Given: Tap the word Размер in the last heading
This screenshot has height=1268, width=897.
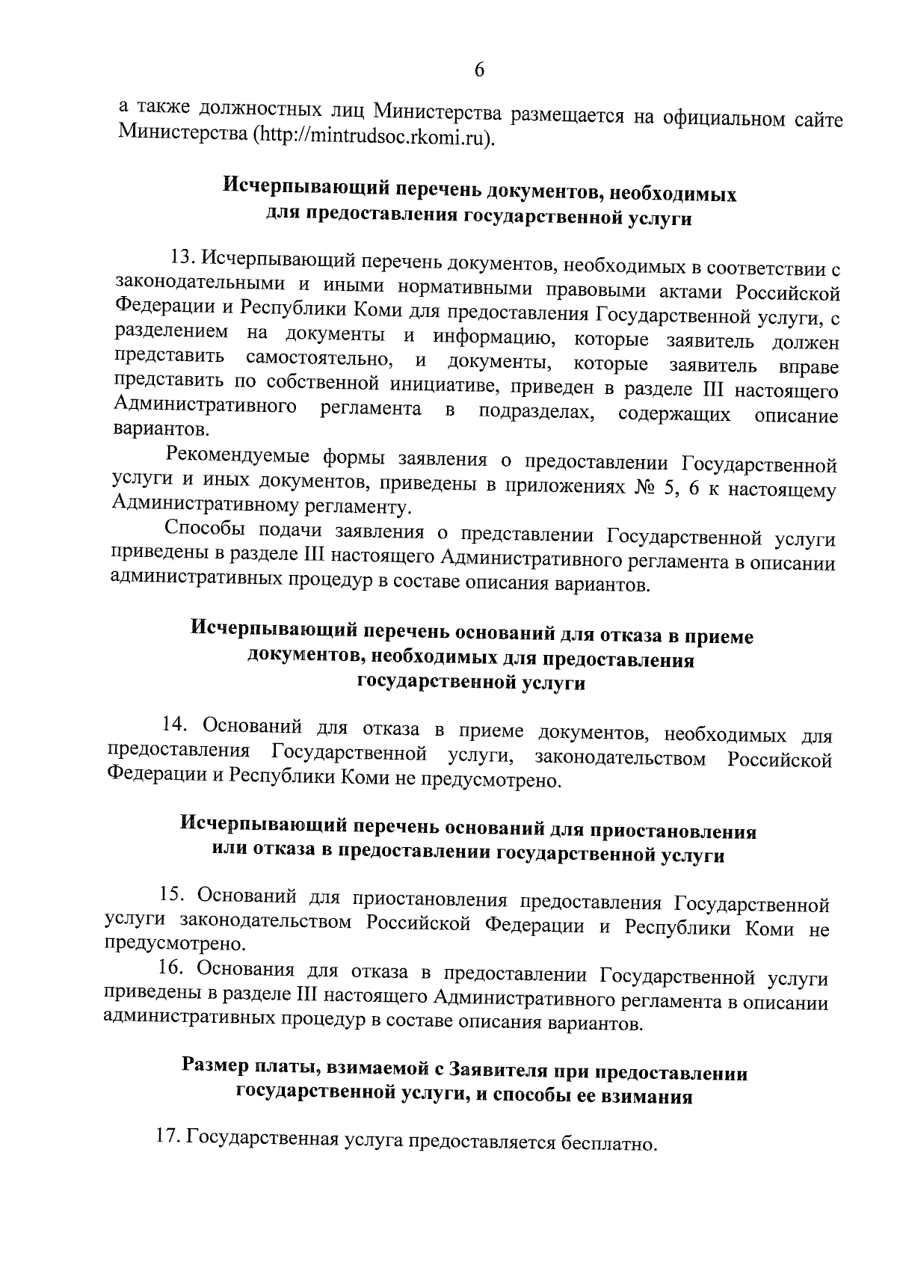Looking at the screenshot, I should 215,1065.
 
